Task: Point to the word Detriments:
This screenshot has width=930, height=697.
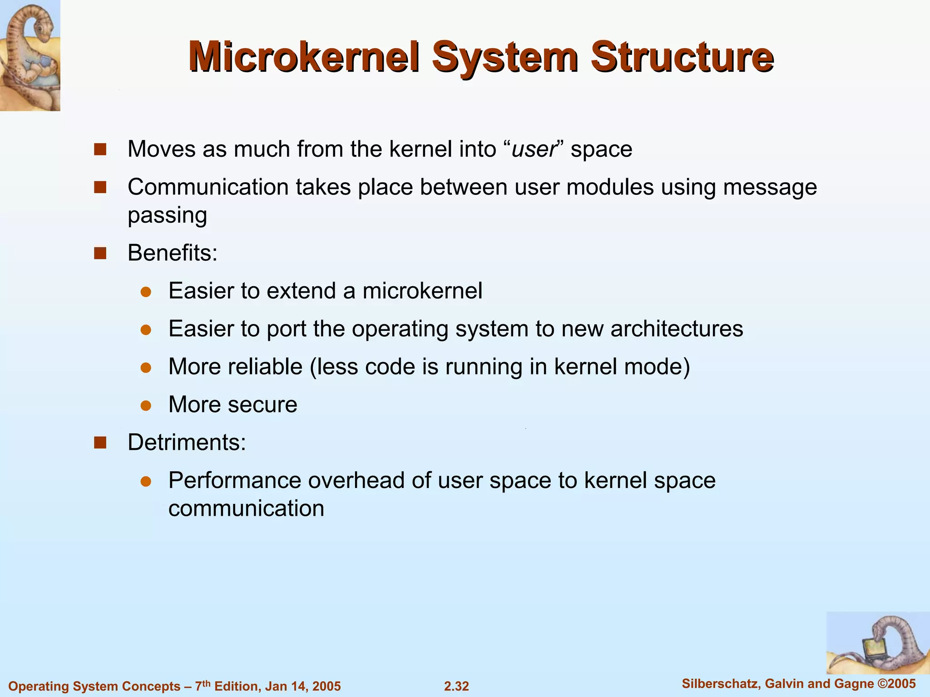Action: (x=187, y=442)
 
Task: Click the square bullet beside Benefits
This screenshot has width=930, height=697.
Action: (x=100, y=253)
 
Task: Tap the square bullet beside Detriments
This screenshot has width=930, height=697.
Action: (x=100, y=442)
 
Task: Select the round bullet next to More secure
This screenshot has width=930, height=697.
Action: (x=146, y=405)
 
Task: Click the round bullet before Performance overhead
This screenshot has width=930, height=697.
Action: (x=146, y=481)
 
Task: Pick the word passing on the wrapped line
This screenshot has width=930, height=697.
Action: (x=167, y=215)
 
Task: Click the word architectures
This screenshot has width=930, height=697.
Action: (x=677, y=329)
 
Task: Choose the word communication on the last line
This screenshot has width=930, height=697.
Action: (x=246, y=508)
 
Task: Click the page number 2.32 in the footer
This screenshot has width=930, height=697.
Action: (x=456, y=686)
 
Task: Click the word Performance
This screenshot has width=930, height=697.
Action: (x=234, y=481)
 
